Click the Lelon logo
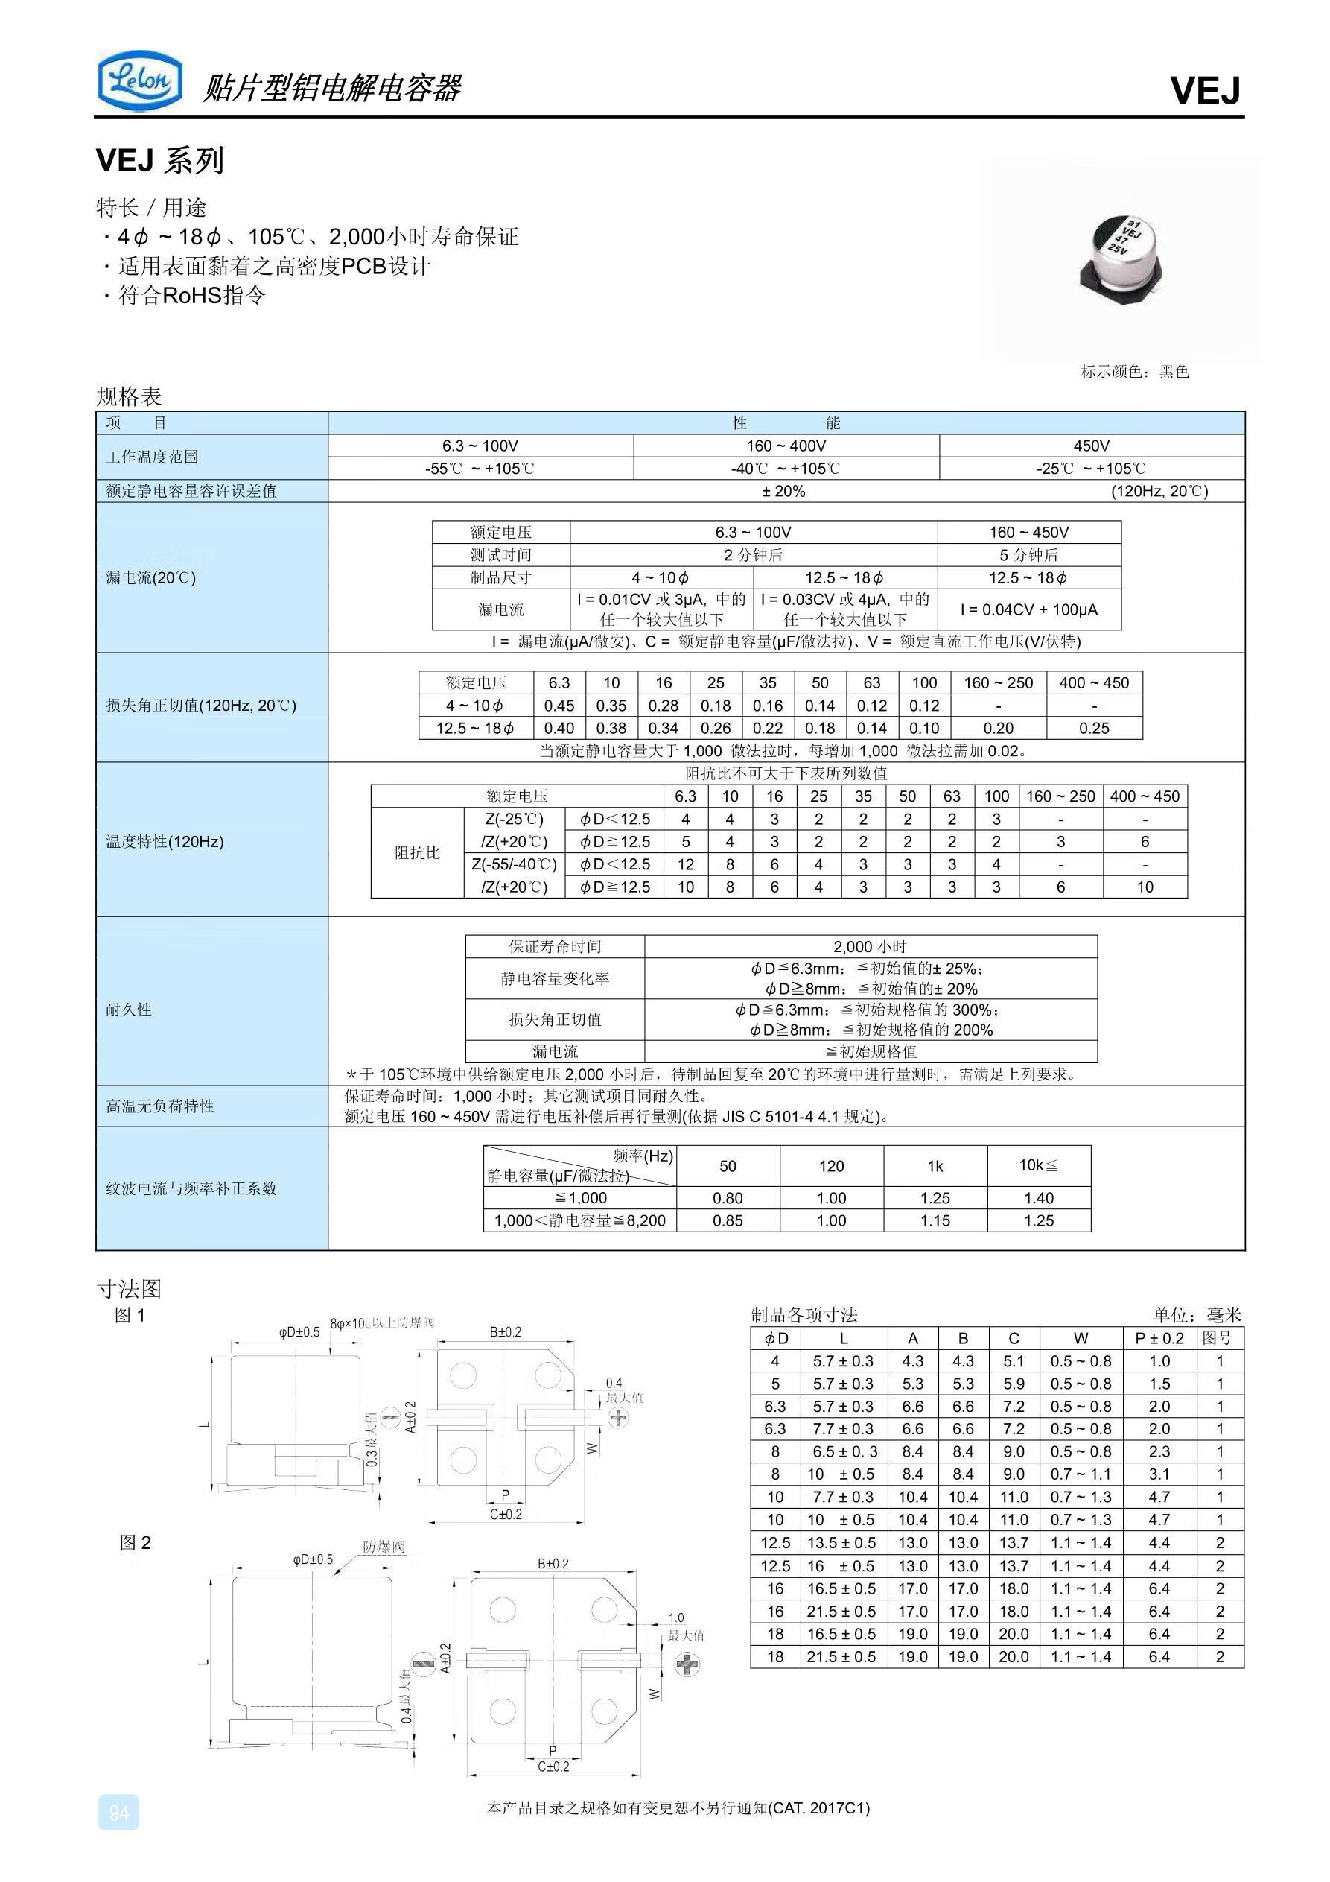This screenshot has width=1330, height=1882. (x=139, y=80)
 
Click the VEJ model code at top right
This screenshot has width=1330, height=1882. (x=1204, y=90)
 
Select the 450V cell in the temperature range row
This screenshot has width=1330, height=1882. (x=1091, y=446)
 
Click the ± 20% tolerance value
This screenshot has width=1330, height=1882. (x=783, y=491)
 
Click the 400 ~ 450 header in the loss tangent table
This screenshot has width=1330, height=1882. (x=1093, y=682)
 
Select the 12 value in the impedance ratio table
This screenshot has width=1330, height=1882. (x=685, y=864)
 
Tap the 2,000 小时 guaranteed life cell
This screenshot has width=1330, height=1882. (x=870, y=947)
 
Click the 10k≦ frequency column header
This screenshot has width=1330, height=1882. (x=1038, y=1165)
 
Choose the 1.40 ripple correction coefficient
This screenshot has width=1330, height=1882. (x=1038, y=1198)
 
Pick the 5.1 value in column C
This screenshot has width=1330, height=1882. (x=1013, y=1361)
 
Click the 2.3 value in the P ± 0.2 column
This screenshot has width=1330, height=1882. (x=1159, y=1451)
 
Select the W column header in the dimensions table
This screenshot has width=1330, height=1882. (x=1080, y=1339)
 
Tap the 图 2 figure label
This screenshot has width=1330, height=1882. (x=136, y=1543)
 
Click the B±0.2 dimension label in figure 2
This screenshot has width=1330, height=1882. (x=553, y=1564)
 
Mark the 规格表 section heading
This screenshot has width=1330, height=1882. (x=129, y=396)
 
